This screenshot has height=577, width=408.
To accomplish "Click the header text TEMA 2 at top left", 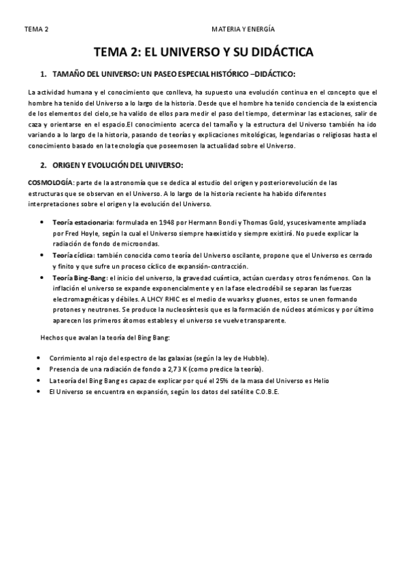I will pyautogui.click(x=35, y=30).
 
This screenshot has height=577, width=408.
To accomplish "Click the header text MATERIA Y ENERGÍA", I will pyautogui.click(x=243, y=30).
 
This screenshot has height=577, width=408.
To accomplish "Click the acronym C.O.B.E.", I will pyautogui.click(x=265, y=393).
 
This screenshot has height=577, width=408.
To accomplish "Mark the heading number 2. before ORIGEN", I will pyautogui.click(x=43, y=165).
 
